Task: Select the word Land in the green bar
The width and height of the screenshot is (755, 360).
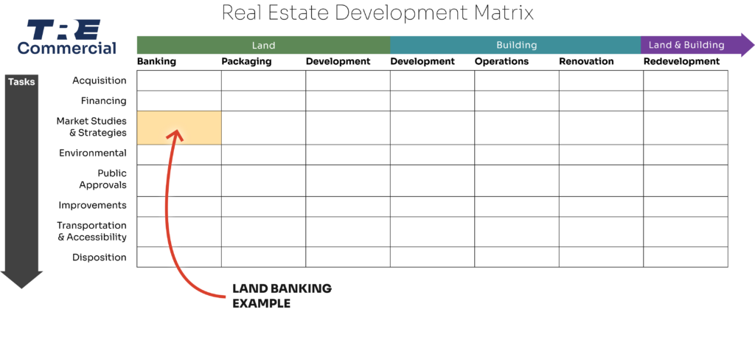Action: (x=263, y=45)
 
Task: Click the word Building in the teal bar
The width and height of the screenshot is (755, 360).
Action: (x=516, y=45)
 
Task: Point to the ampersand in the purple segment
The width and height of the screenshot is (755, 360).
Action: (x=676, y=45)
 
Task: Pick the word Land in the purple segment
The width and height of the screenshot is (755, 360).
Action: (x=660, y=45)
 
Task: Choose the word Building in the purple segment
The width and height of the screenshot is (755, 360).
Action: (x=704, y=45)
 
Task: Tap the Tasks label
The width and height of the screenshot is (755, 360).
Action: (x=21, y=82)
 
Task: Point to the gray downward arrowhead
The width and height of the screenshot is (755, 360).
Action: (x=21, y=280)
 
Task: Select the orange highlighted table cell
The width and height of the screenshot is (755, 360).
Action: (x=179, y=128)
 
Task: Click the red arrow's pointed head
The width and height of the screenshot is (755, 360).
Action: (x=175, y=133)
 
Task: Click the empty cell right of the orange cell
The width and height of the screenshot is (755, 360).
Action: (x=263, y=128)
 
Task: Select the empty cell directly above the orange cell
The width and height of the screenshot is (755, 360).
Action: (x=179, y=101)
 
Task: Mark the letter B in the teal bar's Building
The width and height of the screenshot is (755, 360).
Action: (x=499, y=45)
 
